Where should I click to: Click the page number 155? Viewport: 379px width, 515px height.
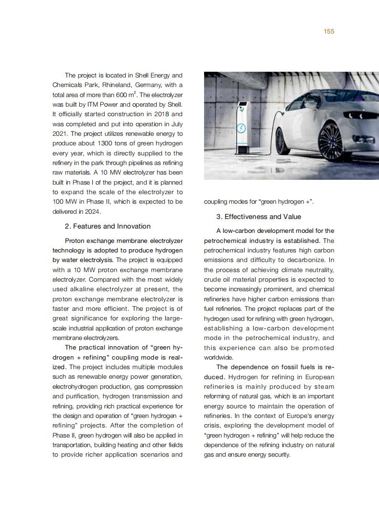[x=329, y=32]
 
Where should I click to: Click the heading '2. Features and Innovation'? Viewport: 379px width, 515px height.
[x=108, y=226]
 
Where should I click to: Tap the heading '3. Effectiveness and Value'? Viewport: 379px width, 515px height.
[x=259, y=217]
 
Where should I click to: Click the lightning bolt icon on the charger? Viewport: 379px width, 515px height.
[x=242, y=128]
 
